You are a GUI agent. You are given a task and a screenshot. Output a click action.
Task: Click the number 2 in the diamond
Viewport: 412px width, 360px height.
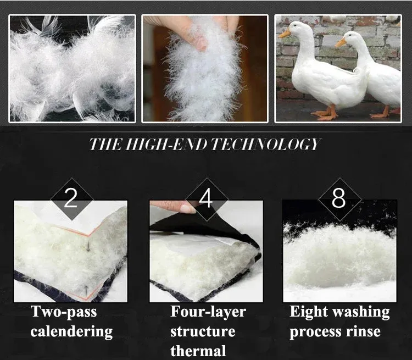click(71, 198)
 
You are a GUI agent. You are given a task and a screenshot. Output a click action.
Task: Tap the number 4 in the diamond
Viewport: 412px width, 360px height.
click(206, 198)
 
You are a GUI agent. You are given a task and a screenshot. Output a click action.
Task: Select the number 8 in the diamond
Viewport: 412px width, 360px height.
click(338, 198)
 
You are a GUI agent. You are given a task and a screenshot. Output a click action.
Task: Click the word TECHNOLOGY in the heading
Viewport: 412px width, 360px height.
click(265, 145)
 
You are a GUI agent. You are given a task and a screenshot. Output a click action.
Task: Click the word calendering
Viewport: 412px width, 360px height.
click(71, 331)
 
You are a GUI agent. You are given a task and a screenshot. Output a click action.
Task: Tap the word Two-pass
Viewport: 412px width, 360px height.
click(64, 312)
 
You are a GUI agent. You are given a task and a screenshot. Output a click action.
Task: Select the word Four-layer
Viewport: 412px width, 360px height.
click(208, 312)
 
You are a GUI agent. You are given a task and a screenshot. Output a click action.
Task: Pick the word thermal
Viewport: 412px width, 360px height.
click(198, 351)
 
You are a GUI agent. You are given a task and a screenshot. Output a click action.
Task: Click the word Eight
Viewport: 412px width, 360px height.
click(309, 312)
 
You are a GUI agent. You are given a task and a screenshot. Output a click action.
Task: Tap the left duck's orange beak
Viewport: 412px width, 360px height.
click(285, 34)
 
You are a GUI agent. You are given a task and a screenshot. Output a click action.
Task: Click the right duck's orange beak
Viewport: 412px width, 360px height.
click(341, 43)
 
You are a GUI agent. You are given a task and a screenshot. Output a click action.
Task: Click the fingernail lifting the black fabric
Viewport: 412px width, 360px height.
click(188, 208)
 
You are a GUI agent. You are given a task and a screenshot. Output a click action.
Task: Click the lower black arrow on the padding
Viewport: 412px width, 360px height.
click(86, 289)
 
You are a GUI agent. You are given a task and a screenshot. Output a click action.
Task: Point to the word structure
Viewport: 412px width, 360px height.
click(203, 331)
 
